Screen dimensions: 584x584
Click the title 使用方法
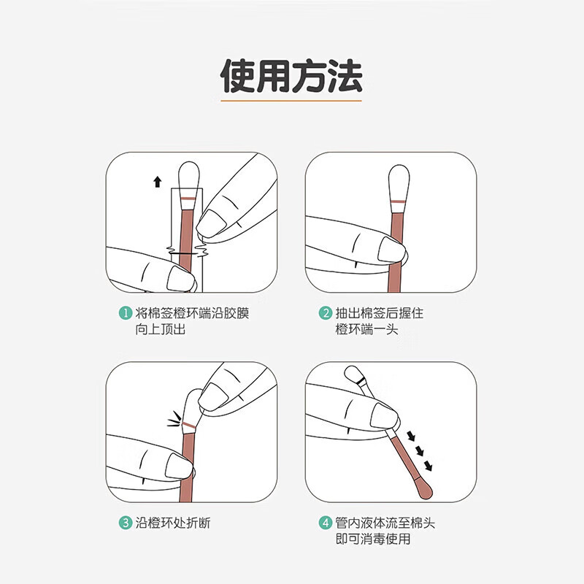click(291, 76)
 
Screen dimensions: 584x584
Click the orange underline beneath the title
click(291, 100)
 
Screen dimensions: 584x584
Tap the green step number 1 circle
click(126, 313)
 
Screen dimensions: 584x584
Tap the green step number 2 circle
click(326, 313)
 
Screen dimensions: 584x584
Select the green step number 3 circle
click(126, 523)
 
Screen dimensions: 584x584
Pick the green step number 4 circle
click(326, 523)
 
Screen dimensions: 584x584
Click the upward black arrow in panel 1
click(158, 182)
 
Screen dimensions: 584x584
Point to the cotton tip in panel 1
click(189, 180)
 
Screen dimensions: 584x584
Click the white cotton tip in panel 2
click(399, 182)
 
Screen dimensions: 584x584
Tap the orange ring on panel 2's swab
click(399, 201)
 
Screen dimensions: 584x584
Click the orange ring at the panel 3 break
click(189, 425)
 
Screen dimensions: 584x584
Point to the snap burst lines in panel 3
click(174, 419)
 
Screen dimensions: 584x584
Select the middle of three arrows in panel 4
click(420, 451)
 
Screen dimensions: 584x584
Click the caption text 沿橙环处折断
click(173, 523)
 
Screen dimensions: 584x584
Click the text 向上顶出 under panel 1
click(161, 329)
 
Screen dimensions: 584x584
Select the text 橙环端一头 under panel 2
click(367, 329)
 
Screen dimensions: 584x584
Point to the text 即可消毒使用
click(373, 539)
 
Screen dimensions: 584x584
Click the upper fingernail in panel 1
click(211, 223)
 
